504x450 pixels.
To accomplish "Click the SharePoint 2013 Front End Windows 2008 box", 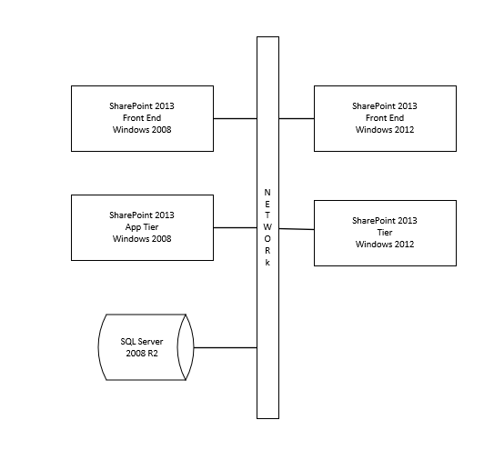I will tap(142, 118).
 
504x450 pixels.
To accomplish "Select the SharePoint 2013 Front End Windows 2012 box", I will tap(385, 118).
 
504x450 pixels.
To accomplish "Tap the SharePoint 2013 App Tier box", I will tap(142, 227).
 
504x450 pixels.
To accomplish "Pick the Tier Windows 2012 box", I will tap(385, 234).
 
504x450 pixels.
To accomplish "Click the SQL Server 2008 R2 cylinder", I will tap(144, 347).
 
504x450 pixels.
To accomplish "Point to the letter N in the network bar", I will tap(267, 192).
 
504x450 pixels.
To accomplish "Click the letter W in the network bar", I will tap(267, 226).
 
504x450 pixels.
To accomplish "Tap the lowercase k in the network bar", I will tap(267, 261).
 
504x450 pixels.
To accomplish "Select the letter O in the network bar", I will tap(267, 238).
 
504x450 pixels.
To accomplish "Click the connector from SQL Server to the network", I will tap(225, 347).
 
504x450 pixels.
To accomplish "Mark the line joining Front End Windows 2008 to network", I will tap(235, 118).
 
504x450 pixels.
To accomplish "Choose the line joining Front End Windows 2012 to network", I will tap(297, 118).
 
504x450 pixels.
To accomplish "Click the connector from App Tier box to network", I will tap(235, 227).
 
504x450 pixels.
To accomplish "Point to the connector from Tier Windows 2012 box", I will tap(297, 229).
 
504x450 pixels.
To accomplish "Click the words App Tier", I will tap(142, 227).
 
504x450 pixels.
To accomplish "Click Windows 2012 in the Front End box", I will tap(385, 130).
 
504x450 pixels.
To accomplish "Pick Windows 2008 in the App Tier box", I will tap(142, 239).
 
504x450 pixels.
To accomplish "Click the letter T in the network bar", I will tap(267, 215).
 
